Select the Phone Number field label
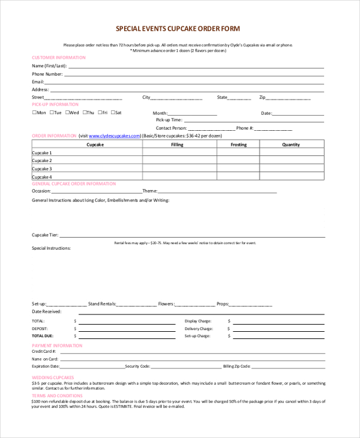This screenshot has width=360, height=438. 47,74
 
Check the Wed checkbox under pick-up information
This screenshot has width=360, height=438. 68,113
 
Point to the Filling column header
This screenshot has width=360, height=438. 177,145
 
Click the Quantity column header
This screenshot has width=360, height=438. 291,145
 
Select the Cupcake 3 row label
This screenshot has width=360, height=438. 42,169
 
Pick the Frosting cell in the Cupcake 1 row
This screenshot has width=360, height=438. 238,153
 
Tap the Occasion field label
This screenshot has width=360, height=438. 41,191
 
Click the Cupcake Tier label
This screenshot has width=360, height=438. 44,235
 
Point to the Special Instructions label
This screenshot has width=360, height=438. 51,248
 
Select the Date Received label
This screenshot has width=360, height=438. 46,311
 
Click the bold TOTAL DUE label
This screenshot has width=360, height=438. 43,336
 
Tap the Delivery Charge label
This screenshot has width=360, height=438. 199,329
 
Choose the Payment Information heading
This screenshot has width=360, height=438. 57,346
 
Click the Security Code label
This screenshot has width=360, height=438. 137,366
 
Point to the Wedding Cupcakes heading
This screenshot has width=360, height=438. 53,377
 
